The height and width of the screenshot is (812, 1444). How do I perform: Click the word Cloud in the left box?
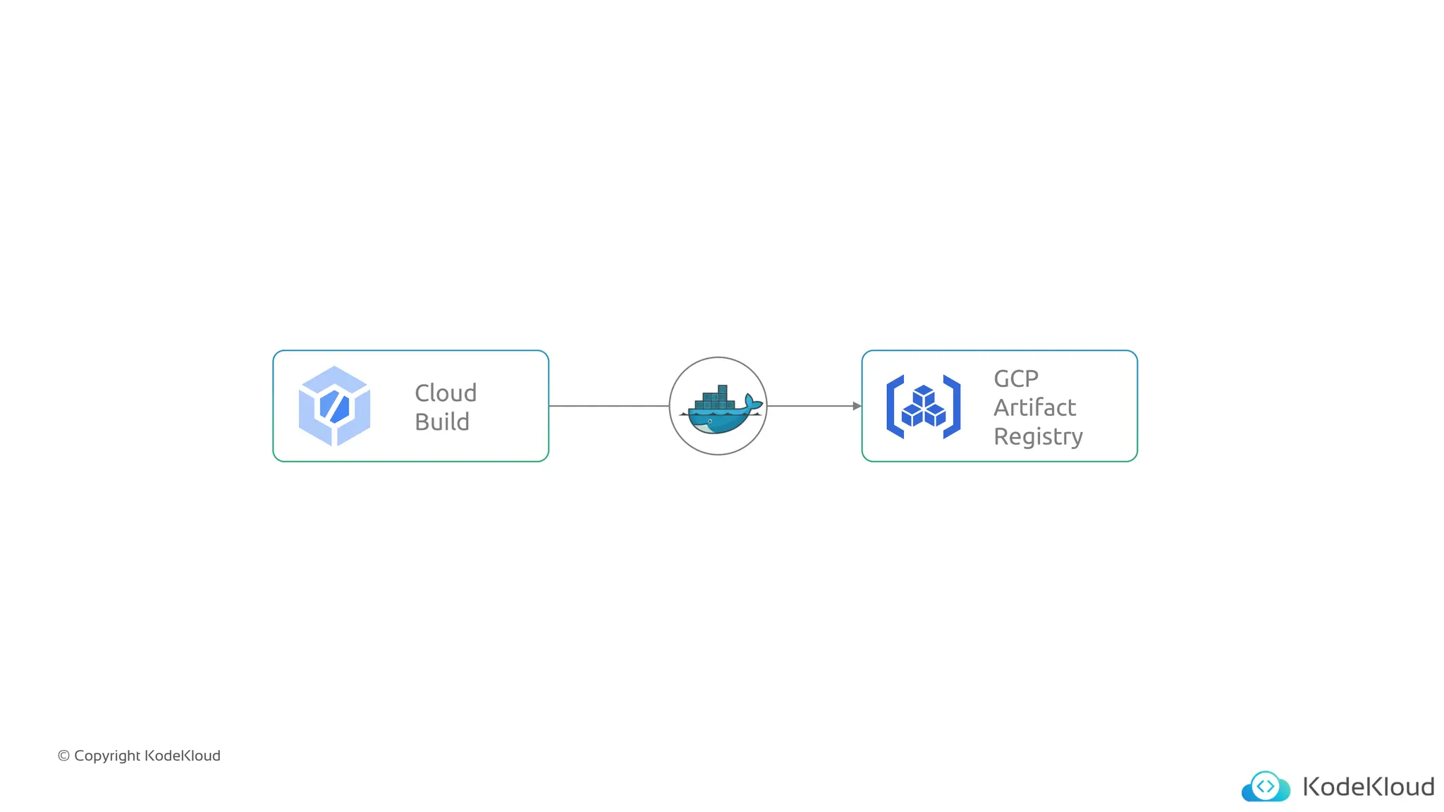tap(446, 393)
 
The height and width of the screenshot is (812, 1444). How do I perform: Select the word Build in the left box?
tap(442, 422)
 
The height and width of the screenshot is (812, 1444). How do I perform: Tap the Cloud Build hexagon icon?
tap(334, 406)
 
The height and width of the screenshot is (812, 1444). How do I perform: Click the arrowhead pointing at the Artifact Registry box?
tap(857, 406)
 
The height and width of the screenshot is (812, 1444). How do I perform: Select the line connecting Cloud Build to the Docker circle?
tap(608, 406)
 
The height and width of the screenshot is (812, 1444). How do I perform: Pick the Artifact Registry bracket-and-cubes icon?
tap(923, 407)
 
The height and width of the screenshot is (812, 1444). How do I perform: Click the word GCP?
tap(1016, 379)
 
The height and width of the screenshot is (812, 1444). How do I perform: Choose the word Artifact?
tap(1034, 407)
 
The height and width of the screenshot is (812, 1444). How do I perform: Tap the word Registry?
tap(1038, 437)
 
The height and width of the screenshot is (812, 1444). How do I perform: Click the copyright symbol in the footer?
tap(63, 756)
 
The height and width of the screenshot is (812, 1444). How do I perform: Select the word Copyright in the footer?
tap(107, 756)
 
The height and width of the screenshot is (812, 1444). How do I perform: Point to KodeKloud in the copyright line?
tap(183, 756)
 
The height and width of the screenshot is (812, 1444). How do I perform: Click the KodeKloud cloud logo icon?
tap(1266, 787)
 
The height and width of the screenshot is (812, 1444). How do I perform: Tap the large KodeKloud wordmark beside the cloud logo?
tap(1368, 787)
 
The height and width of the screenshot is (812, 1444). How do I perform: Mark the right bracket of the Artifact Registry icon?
tap(952, 407)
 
